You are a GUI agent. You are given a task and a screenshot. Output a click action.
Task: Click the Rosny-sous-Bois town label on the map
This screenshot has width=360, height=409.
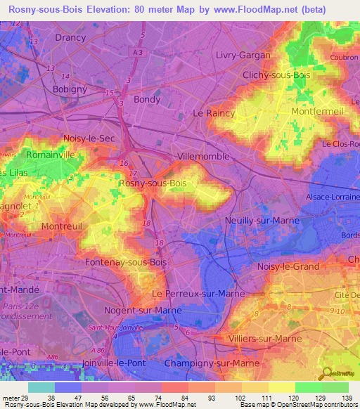[153, 183]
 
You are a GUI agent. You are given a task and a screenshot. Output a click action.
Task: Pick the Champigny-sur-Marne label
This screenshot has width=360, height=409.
[205, 363]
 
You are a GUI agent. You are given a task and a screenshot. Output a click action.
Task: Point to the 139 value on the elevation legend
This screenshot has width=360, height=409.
[347, 398]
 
